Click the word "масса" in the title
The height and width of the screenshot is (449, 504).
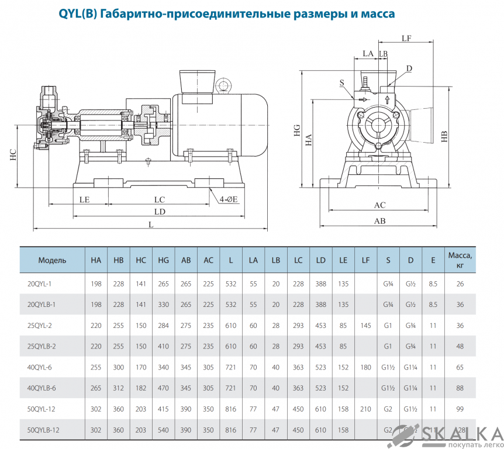click(x=374, y=13)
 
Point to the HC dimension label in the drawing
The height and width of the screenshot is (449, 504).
click(x=13, y=154)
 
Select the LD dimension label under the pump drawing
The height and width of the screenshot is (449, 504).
click(x=159, y=211)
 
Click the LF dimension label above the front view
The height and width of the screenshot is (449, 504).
click(x=407, y=39)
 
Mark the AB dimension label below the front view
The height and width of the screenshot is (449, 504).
click(x=380, y=222)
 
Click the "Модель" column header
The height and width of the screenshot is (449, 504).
click(x=52, y=260)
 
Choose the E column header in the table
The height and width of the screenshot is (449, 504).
click(x=433, y=260)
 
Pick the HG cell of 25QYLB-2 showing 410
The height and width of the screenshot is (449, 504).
click(x=164, y=346)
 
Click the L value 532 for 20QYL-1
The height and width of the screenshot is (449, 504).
click(x=231, y=284)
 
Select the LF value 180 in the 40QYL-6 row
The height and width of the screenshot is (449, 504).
click(x=365, y=367)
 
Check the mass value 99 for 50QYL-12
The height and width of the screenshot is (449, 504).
click(x=460, y=409)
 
